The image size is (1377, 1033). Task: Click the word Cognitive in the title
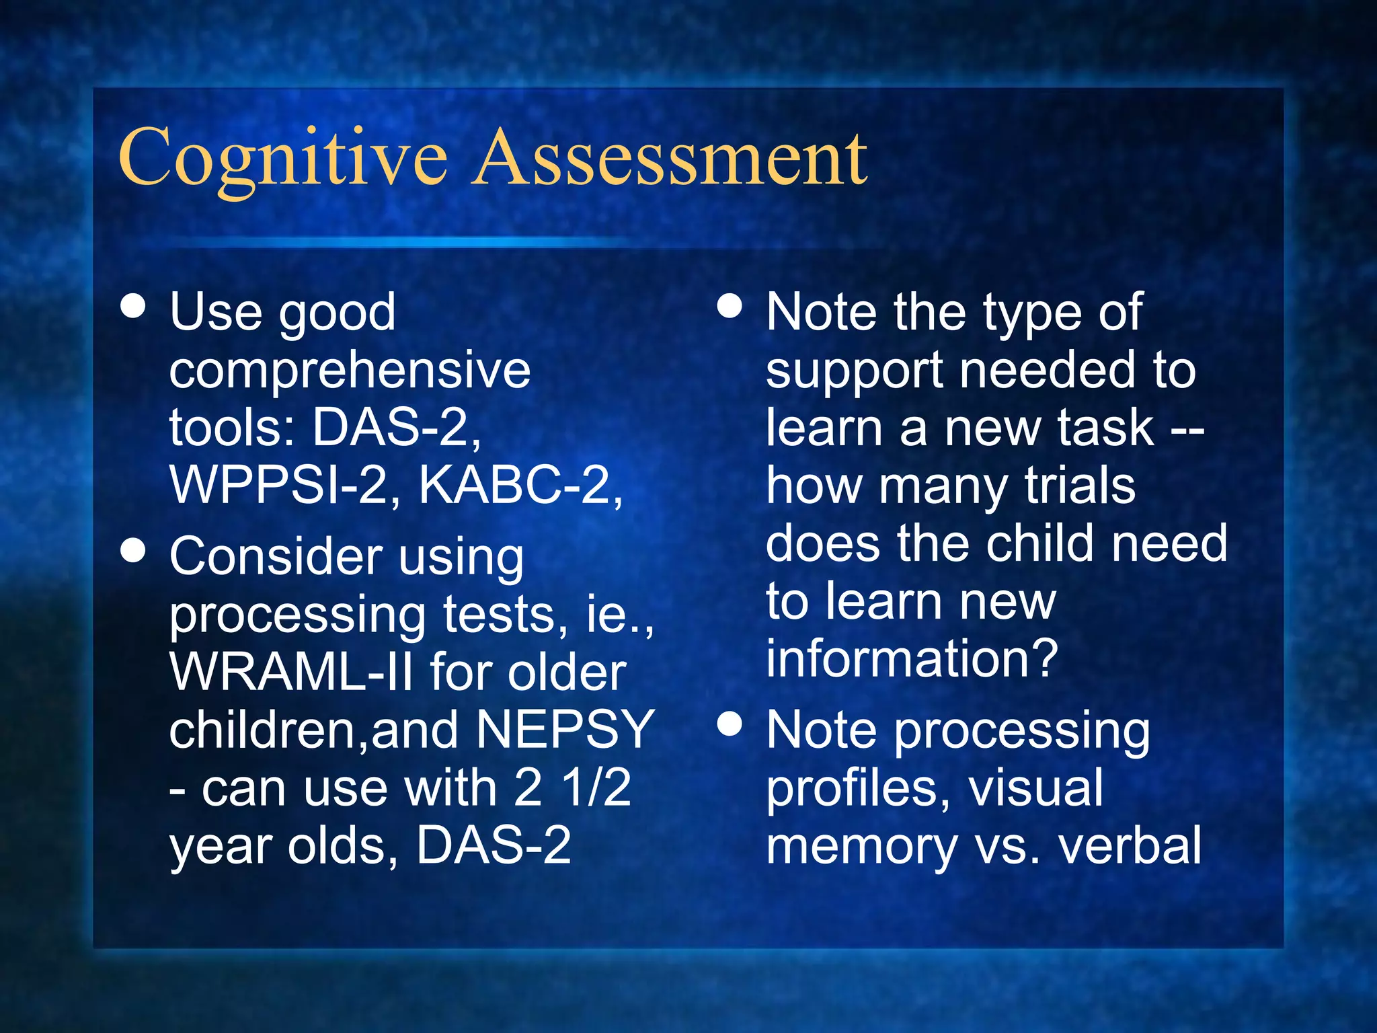(282, 158)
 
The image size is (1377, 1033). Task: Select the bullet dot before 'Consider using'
(134, 549)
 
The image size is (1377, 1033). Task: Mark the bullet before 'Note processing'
(730, 724)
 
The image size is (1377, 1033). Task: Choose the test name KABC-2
(519, 485)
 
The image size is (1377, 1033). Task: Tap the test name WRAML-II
(290, 673)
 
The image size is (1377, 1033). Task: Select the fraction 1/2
(597, 788)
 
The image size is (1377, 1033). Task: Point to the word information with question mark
(912, 658)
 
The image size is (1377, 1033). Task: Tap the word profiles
(858, 789)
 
